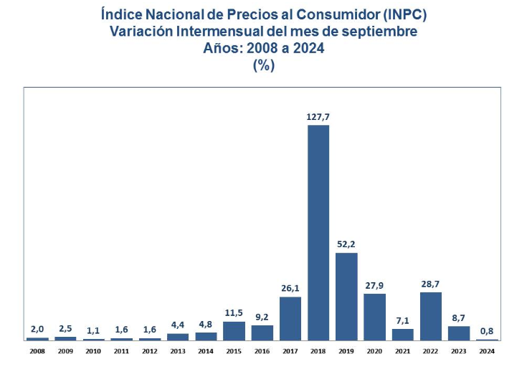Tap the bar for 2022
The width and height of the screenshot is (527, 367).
[x=431, y=315]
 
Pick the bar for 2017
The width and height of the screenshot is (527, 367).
[x=290, y=317]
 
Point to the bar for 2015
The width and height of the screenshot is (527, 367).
[x=234, y=330]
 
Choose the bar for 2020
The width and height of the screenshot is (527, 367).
[x=374, y=316]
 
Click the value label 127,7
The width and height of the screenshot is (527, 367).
[x=318, y=116]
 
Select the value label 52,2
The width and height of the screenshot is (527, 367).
[x=346, y=244]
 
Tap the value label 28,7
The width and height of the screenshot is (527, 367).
[x=431, y=284]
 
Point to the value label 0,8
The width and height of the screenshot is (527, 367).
[x=487, y=331]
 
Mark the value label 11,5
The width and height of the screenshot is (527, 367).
[x=234, y=313]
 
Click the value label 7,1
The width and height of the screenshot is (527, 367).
[x=402, y=320]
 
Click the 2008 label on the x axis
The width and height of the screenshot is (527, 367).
[x=37, y=350]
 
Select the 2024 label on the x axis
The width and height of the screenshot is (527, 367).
[x=487, y=350]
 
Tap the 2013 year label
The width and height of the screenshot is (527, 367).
[x=178, y=350]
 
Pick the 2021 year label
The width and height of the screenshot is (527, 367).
[x=402, y=350]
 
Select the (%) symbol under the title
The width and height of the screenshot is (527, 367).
[x=263, y=66]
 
